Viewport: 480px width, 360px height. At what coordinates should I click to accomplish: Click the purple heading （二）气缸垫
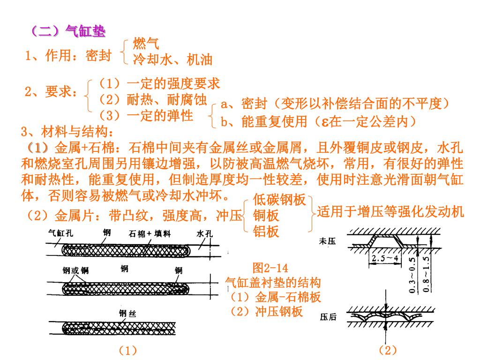coord(68,31)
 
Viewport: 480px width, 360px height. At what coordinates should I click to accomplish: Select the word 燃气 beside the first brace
coord(146,44)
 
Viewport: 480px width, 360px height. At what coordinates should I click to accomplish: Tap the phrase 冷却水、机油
coord(173,60)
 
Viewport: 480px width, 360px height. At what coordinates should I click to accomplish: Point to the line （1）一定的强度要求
coord(159,84)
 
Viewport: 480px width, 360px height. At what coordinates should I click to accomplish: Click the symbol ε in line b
coord(324,122)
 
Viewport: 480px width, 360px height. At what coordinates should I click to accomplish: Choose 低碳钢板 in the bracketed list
coord(279,200)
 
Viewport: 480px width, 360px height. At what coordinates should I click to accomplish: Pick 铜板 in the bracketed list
coord(266,216)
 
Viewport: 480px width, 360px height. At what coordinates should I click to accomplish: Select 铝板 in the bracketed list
coord(266,231)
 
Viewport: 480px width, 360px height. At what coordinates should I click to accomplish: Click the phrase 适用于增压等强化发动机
coord(390,211)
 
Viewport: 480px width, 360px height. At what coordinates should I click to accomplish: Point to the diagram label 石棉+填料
coord(150,233)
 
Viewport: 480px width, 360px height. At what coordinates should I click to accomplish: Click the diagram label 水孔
coord(205,233)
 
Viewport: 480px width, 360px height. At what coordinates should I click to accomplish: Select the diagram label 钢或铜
coord(75,270)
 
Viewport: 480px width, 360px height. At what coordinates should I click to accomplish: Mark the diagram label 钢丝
coord(127,314)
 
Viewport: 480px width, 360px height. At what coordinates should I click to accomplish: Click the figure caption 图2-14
coord(270,268)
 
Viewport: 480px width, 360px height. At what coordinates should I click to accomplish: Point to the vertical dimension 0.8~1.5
coord(426,274)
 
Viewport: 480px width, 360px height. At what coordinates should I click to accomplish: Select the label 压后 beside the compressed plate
coord(328,317)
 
